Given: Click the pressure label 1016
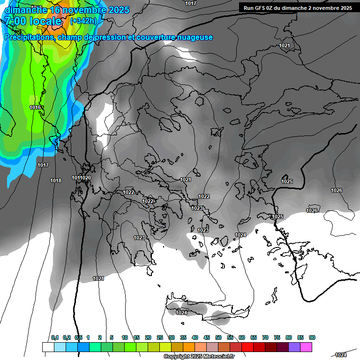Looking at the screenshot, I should (35, 108).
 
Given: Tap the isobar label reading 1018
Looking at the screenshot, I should (56, 180).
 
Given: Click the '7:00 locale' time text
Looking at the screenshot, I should (33, 21).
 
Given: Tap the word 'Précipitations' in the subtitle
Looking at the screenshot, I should (29, 37).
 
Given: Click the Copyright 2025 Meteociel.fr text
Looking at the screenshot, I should (199, 357).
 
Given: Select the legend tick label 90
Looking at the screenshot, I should (312, 337).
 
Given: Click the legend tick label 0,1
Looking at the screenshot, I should (55, 337).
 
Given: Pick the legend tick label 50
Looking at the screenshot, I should (218, 337).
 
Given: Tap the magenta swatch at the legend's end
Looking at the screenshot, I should (306, 347).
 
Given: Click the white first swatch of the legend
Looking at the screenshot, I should (48, 347).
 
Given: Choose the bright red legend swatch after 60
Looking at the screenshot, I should (247, 347).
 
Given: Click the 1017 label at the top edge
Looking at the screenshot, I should (190, 3).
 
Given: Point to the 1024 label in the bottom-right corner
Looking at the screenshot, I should (341, 355).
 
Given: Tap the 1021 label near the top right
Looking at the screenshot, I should (284, 45).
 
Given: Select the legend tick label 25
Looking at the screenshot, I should (160, 337).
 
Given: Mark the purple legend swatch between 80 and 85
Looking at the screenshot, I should (294, 347).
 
